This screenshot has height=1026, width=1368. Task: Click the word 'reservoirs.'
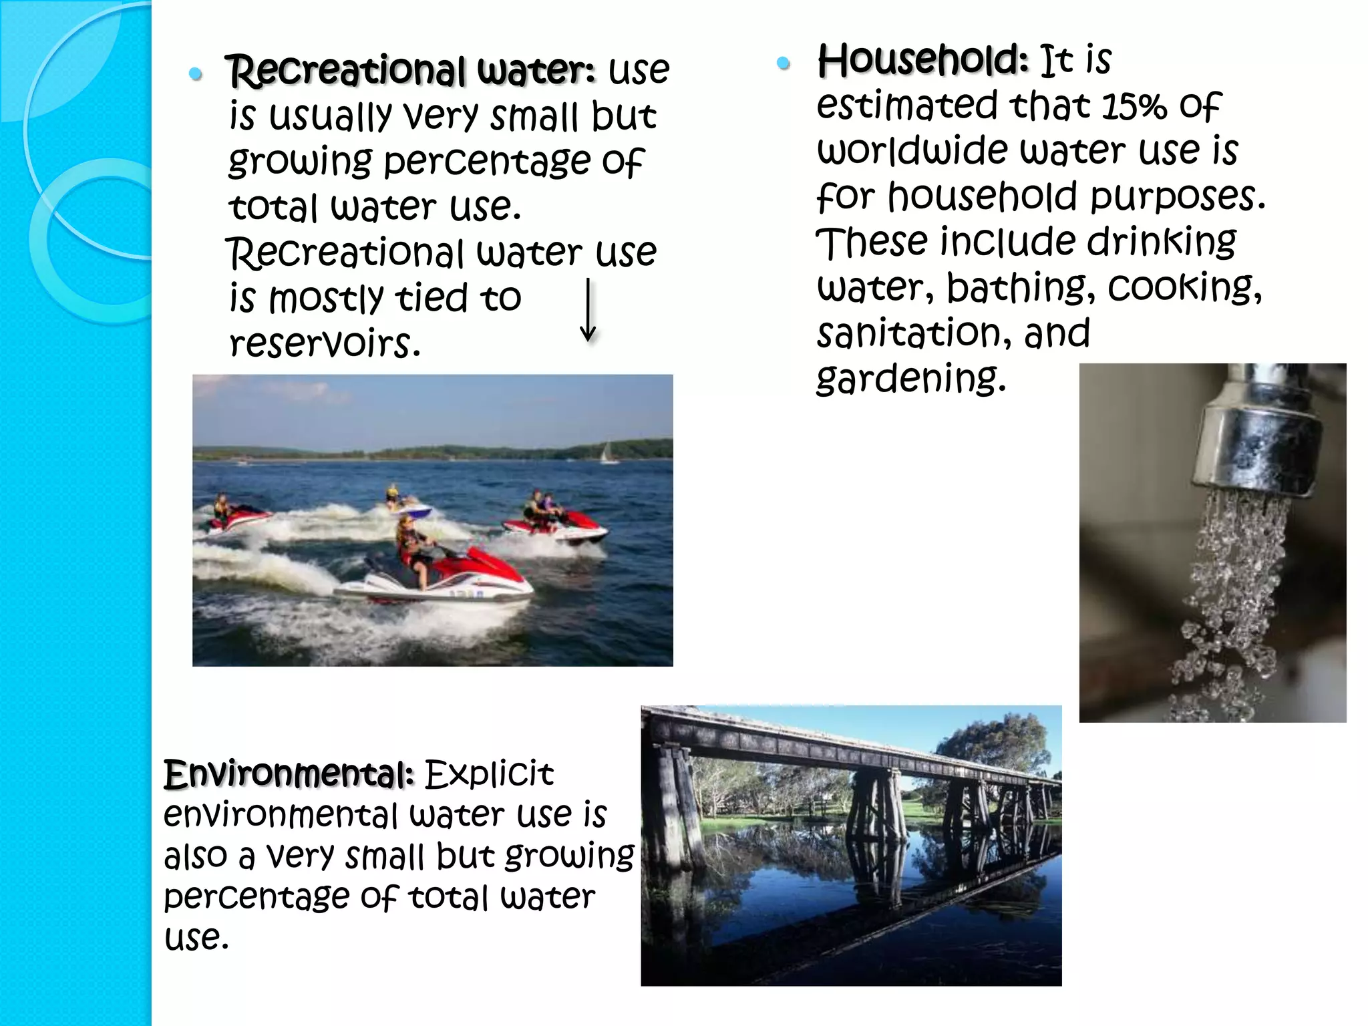pos(325,343)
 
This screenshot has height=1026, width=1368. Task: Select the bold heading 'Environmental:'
pos(289,775)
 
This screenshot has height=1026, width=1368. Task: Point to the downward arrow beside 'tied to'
pos(588,311)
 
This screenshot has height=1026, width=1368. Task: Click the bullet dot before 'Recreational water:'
pos(196,73)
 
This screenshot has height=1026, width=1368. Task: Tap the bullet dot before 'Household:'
pos(784,63)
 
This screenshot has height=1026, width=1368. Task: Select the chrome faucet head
pos(1256,441)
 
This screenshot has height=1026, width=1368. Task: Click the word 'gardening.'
pos(911,379)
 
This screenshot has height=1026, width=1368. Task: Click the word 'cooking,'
pos(1185,287)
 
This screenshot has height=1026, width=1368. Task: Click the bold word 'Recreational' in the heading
pos(346,71)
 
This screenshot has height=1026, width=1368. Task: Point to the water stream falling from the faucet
pos(1229,601)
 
